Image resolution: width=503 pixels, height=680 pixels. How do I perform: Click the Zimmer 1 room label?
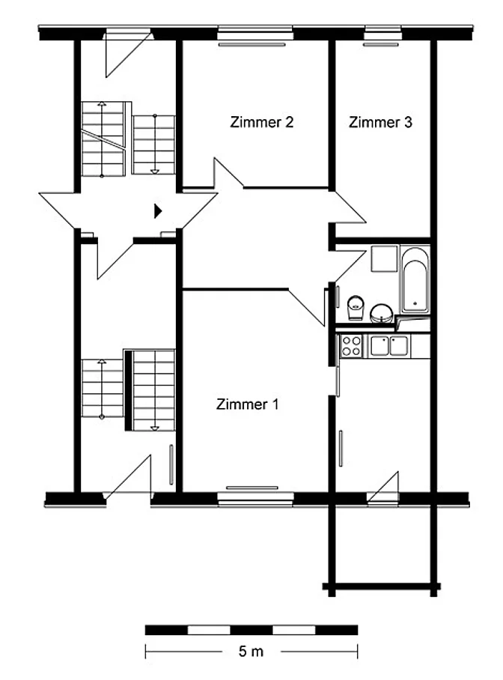coord(247,404)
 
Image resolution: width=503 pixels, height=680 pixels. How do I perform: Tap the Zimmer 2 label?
coord(261,122)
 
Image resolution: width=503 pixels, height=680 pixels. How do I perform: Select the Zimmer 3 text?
coord(380,122)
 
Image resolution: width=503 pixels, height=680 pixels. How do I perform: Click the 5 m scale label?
coord(251,651)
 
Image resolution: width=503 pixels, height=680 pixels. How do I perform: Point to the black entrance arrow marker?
coord(158,211)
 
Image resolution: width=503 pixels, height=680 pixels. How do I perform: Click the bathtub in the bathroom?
coord(415,280)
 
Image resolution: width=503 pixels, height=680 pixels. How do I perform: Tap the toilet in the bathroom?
coord(356,308)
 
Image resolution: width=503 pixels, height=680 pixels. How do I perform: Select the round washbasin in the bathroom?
coord(382,313)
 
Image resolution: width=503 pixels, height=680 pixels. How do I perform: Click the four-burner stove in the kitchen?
coord(351,346)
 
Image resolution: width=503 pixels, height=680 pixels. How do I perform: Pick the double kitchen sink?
coord(389,346)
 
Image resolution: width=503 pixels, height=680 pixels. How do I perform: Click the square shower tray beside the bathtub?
coord(384,259)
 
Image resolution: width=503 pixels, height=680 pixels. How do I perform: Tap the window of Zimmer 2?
coord(255,33)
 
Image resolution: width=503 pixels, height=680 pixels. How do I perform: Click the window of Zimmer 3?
coord(383,33)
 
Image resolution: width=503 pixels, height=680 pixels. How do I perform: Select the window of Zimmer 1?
coord(255,499)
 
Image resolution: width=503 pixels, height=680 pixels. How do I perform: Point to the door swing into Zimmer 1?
coord(307,307)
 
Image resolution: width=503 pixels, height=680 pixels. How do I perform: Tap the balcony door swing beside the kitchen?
coord(383,488)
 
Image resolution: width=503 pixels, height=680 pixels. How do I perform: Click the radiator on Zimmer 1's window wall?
coord(252,488)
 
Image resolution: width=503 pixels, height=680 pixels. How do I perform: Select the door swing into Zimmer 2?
coord(228,174)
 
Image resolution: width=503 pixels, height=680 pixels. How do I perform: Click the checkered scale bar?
coord(251,630)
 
